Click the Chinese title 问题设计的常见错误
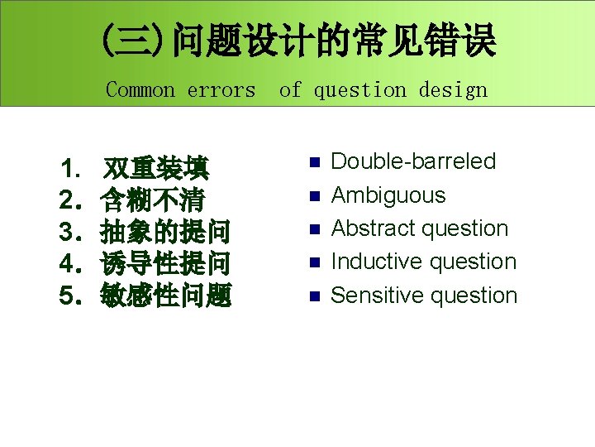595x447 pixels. [x=334, y=41]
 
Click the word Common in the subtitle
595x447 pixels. [x=140, y=89]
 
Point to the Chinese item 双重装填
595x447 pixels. [x=155, y=169]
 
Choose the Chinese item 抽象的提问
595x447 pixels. [x=164, y=231]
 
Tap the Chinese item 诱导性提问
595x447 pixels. [x=164, y=263]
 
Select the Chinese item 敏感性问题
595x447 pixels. [x=164, y=295]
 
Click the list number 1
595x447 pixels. [x=69, y=170]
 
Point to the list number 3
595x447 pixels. [x=69, y=232]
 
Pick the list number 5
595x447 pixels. [x=69, y=296]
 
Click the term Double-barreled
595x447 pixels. [x=413, y=161]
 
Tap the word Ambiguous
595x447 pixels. [x=388, y=195]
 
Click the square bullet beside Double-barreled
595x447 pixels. [x=312, y=162]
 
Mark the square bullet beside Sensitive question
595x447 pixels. [x=312, y=296]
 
